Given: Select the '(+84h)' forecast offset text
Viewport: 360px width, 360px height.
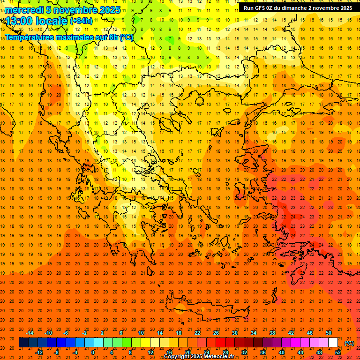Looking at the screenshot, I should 81,21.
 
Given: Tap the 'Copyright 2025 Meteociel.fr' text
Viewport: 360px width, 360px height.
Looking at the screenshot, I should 205,357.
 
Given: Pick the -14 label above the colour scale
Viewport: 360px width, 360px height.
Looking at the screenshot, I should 30,333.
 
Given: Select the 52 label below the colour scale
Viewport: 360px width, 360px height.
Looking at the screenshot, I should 338,352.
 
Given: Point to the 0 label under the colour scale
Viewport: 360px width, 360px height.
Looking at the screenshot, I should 93,352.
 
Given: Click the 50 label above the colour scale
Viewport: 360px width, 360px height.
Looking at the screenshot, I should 329,333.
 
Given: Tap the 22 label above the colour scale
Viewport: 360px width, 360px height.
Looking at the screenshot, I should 197,333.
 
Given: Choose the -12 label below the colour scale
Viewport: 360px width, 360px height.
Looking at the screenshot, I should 39,352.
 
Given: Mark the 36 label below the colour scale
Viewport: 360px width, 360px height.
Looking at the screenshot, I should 263,352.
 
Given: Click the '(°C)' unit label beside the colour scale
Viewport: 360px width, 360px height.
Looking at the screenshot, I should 350,343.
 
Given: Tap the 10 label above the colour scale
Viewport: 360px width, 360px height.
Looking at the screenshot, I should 141,333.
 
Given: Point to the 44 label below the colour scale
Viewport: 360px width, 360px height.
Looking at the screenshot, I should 300,352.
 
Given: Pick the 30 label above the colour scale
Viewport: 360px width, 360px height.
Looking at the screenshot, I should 235,333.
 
